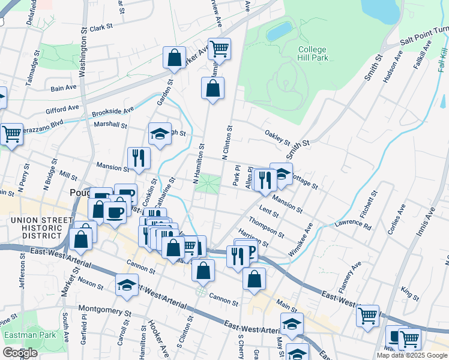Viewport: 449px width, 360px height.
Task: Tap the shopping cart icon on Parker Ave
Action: [x=219, y=49]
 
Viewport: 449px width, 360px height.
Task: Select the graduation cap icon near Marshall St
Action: [x=160, y=135]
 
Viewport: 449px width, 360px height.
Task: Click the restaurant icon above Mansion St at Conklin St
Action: [x=139, y=158]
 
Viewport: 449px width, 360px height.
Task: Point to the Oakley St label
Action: [x=277, y=136]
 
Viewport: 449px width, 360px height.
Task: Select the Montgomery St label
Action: [x=105, y=312]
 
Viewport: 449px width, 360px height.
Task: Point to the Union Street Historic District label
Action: [x=40, y=226]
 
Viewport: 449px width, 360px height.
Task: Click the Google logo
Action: [x=19, y=353]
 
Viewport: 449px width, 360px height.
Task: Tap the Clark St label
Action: [x=102, y=27]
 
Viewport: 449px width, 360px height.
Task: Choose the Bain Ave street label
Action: [x=64, y=88]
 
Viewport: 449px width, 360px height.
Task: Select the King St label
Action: [x=411, y=294]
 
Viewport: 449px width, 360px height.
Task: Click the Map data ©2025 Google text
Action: [x=412, y=355]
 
